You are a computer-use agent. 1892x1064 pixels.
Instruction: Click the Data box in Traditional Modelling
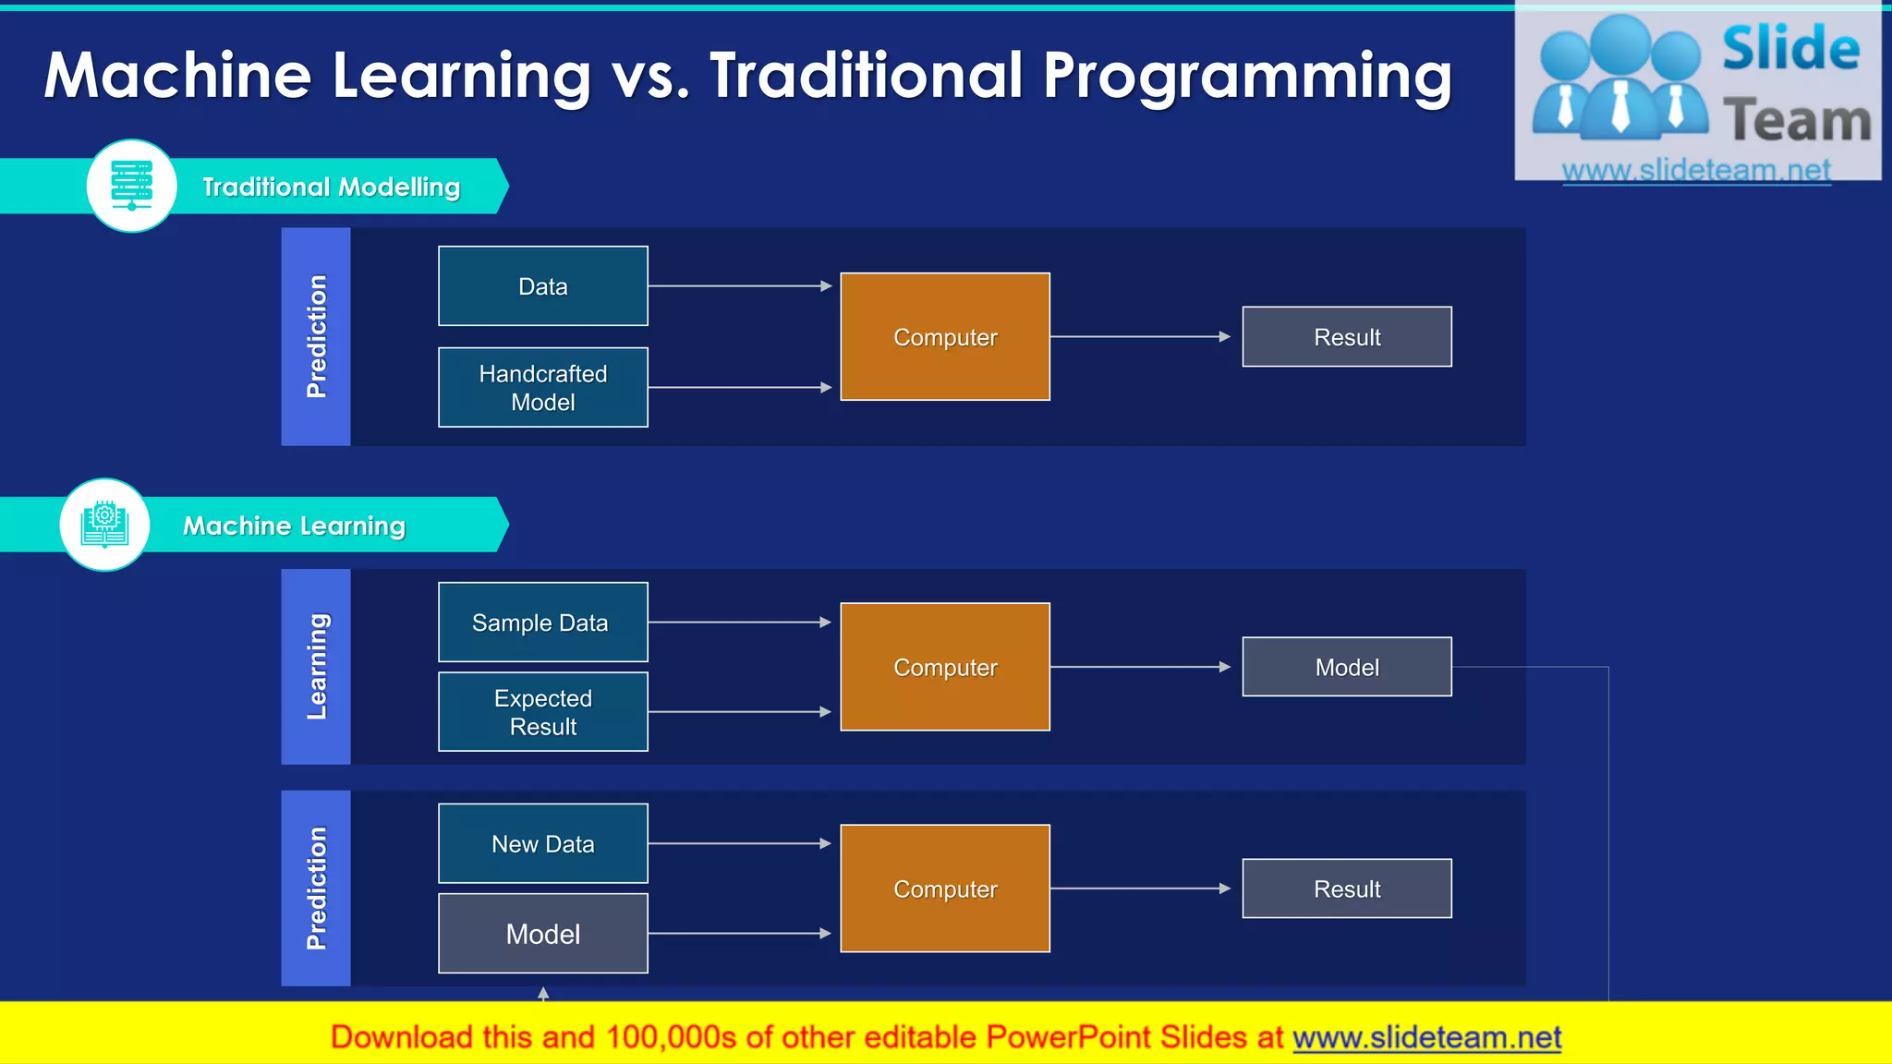pyautogui.click(x=542, y=286)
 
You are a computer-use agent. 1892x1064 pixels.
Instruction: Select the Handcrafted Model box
pyautogui.click(x=542, y=388)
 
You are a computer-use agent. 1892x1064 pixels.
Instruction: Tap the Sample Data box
pyautogui.click(x=542, y=623)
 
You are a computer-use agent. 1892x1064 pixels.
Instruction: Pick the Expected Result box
pyautogui.click(x=542, y=712)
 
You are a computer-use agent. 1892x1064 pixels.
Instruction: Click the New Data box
pyautogui.click(x=542, y=843)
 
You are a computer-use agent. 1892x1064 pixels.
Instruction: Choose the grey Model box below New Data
pyautogui.click(x=542, y=934)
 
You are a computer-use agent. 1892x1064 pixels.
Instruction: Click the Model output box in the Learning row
pyautogui.click(x=1346, y=667)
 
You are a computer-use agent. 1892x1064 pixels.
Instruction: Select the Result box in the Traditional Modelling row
pyautogui.click(x=1346, y=337)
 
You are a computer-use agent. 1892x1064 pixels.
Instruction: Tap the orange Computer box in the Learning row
pyautogui.click(x=944, y=667)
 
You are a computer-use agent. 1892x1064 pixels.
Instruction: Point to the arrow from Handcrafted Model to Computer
pyautogui.click(x=739, y=388)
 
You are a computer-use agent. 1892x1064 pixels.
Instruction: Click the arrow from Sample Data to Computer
pyautogui.click(x=739, y=623)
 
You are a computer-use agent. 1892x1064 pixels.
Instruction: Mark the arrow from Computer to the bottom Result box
pyautogui.click(x=1140, y=889)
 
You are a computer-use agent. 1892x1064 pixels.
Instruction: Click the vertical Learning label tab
pyautogui.click(x=316, y=667)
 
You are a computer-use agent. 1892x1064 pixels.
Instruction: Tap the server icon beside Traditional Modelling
pyautogui.click(x=131, y=186)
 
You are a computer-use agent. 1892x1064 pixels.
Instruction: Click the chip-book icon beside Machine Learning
pyautogui.click(x=104, y=525)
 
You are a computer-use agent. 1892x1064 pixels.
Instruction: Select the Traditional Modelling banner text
pyautogui.click(x=331, y=187)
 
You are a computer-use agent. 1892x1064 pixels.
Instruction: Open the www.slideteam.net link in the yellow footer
pyautogui.click(x=1426, y=1037)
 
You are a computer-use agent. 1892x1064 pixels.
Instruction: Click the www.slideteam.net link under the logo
pyautogui.click(x=1696, y=170)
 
